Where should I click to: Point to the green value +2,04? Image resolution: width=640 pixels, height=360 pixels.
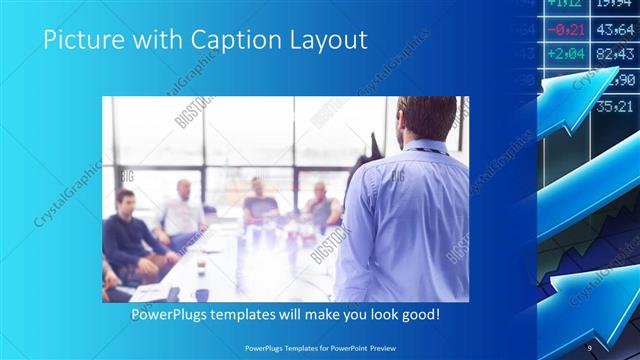point(566,53)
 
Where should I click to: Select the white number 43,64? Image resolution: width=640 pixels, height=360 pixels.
point(614,30)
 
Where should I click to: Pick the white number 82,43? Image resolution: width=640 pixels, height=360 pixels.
point(614,54)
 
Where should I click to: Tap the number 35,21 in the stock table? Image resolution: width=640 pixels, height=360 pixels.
point(614,105)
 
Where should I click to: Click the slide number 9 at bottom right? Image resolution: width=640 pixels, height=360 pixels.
point(590,346)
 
